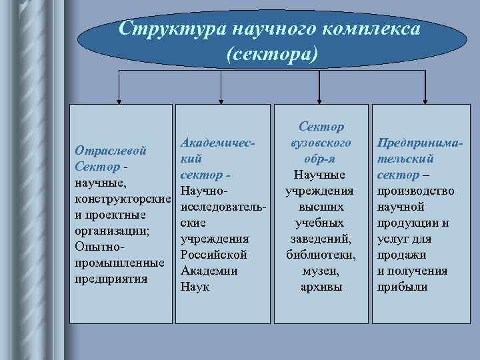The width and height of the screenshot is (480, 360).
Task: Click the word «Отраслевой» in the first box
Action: click(111, 151)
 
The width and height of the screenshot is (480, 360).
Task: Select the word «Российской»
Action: click(213, 255)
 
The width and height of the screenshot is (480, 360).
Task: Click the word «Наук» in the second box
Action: click(195, 287)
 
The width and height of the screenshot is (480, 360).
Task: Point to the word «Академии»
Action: click(209, 271)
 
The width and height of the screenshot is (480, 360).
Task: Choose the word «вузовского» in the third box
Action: click(321, 143)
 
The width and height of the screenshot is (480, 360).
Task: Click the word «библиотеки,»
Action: click(321, 255)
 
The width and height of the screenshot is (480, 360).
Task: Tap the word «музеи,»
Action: click(321, 271)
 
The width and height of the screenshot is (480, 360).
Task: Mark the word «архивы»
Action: click(321, 287)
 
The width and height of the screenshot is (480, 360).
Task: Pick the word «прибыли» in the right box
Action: click(402, 287)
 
